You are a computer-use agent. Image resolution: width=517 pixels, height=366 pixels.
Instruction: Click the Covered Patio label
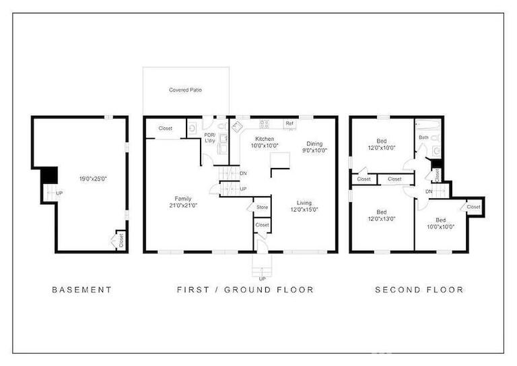click(x=185, y=90)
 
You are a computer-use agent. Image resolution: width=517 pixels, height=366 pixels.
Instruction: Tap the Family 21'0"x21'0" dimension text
click(x=183, y=206)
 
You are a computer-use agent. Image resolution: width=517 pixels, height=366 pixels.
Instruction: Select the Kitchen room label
click(x=265, y=139)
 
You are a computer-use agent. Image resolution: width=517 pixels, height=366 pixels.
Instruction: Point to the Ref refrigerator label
click(x=289, y=123)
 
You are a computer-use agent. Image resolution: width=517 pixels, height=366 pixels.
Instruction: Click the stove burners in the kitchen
click(x=264, y=124)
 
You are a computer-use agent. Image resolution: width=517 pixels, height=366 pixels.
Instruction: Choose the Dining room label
click(x=314, y=144)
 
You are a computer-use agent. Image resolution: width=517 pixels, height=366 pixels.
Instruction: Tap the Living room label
click(x=304, y=203)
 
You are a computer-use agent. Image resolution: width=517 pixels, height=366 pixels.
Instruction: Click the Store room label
click(x=262, y=207)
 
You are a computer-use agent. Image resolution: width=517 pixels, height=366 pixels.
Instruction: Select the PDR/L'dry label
click(x=210, y=138)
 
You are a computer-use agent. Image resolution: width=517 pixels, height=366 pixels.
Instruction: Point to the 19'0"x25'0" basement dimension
click(x=94, y=179)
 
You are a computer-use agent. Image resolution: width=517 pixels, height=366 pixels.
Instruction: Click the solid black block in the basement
click(x=49, y=175)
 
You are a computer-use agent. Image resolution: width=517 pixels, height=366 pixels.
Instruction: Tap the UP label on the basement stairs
click(x=59, y=193)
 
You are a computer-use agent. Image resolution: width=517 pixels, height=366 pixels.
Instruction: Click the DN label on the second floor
click(x=429, y=191)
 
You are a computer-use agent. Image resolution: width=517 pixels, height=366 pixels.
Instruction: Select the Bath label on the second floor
click(x=423, y=138)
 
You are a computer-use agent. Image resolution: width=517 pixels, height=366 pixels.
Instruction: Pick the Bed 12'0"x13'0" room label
click(x=382, y=215)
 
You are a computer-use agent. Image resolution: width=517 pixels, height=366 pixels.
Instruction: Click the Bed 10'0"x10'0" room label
click(x=441, y=223)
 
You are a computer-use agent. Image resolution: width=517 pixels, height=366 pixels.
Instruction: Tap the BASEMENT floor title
click(x=82, y=290)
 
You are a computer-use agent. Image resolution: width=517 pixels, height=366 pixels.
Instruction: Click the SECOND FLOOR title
click(x=419, y=290)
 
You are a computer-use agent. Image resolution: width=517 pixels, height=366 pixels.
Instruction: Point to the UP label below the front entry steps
click(x=262, y=279)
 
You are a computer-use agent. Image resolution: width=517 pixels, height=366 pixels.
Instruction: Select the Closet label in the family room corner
click(x=165, y=128)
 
